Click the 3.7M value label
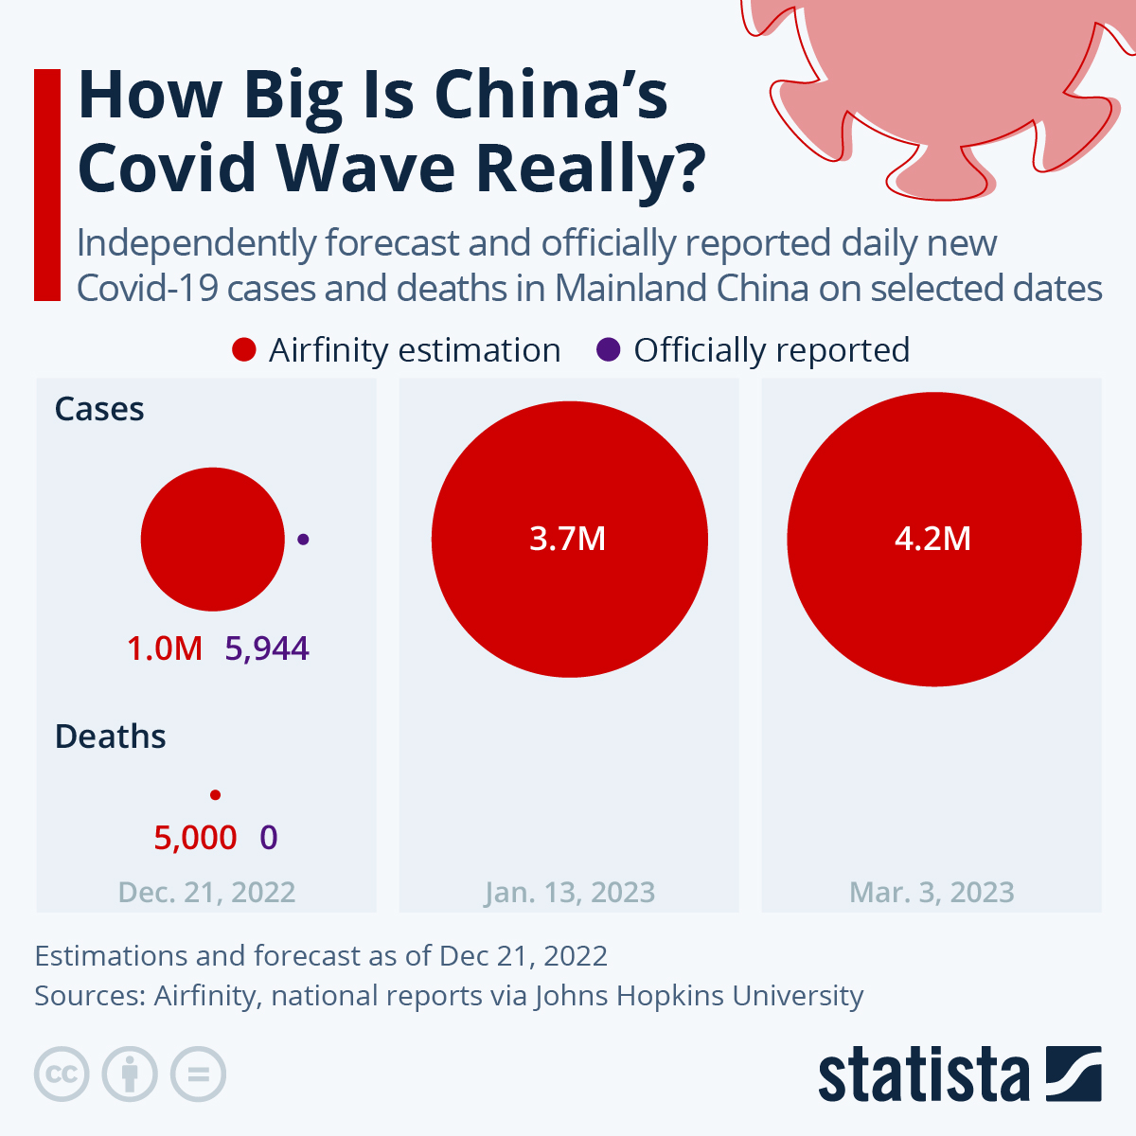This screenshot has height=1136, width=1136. point(567,539)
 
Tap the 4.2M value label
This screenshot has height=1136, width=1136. point(932,539)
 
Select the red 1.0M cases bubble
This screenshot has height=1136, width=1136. point(213,539)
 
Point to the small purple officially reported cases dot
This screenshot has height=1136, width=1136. point(303,539)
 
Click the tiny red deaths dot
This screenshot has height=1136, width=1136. point(215,795)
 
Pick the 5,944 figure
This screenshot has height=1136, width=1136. point(267,648)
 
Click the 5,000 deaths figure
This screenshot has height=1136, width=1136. point(195,838)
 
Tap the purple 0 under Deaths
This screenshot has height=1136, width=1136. point(269,838)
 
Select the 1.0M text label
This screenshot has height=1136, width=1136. point(165,648)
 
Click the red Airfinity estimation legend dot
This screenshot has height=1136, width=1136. point(244,350)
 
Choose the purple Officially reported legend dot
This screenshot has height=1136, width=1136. point(608,350)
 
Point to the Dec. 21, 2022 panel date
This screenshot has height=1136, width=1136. point(206,892)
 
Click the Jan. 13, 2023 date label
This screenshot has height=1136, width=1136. point(570,892)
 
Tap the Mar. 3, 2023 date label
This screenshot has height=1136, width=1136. point(932,892)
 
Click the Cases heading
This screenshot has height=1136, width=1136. point(99,409)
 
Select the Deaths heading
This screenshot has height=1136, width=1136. point(110,737)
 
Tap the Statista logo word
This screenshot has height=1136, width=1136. point(923,1075)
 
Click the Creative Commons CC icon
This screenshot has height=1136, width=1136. point(62,1074)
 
